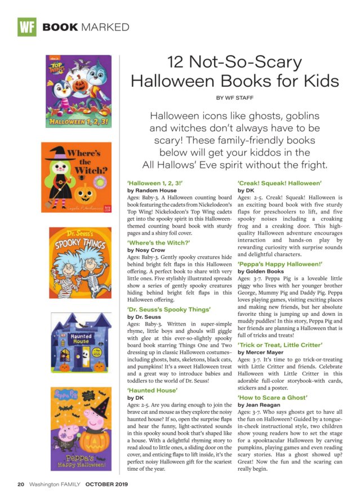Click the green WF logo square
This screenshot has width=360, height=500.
pos(26,26)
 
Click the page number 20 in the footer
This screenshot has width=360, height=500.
pos(20,484)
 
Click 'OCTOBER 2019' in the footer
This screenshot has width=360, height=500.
pos(107,484)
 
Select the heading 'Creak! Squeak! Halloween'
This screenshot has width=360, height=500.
pos(279,183)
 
